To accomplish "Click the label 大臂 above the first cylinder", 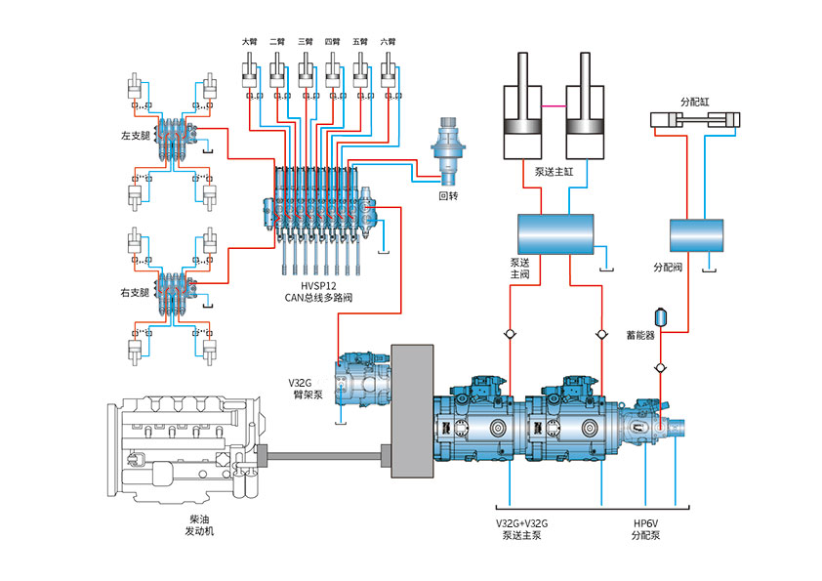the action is (x=250, y=41).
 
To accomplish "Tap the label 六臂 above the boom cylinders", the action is (x=388, y=41).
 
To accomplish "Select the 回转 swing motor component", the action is (x=448, y=151).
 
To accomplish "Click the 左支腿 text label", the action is (x=136, y=136).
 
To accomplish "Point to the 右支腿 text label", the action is (x=136, y=293).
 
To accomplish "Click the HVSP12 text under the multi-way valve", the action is (x=318, y=286).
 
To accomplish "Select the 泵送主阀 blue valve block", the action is (x=555, y=234).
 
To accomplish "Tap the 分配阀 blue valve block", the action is (x=697, y=235).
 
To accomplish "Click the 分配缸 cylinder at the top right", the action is (x=695, y=120).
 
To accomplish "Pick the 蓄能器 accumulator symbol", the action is (x=661, y=317).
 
